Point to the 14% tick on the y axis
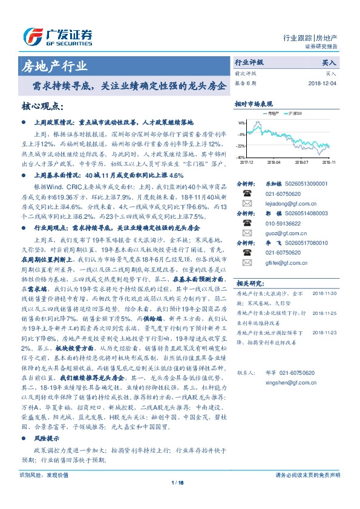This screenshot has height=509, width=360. (x=241, y=123)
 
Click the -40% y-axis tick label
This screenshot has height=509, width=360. (x=241, y=158)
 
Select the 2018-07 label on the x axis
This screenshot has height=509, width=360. (x=302, y=162)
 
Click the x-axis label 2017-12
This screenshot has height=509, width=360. (x=247, y=162)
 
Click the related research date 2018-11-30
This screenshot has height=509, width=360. (x=326, y=293)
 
